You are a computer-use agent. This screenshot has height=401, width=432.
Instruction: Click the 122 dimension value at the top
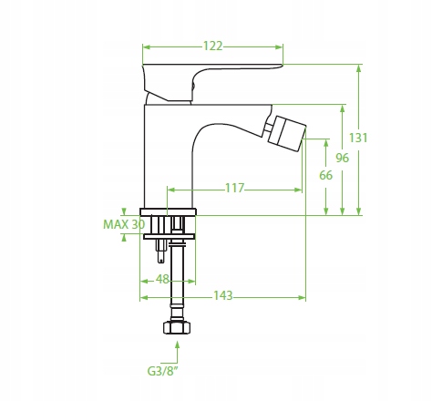tap(212, 46)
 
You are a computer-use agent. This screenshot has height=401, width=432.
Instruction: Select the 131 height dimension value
tap(358, 138)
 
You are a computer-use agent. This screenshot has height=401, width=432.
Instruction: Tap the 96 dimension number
tap(343, 158)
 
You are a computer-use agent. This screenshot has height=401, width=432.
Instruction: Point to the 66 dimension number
tap(326, 175)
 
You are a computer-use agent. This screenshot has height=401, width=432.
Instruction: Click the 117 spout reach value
tap(234, 189)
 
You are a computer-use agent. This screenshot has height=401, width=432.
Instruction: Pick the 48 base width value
tap(162, 279)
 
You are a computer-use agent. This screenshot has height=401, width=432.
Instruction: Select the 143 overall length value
tap(223, 295)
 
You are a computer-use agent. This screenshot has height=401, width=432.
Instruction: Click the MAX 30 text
tap(124, 224)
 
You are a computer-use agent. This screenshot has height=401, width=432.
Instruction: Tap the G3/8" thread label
tap(162, 371)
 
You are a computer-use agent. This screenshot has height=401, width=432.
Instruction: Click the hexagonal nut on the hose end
tap(177, 327)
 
